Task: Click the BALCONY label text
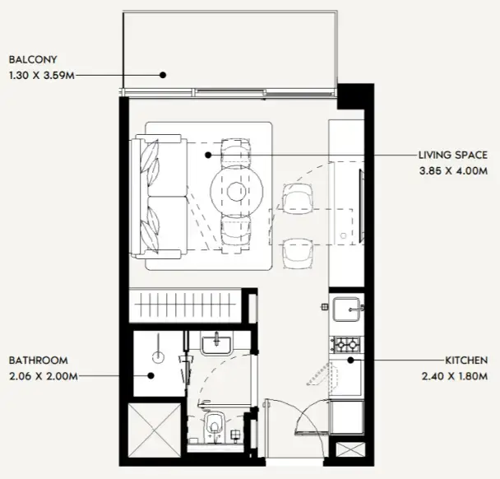click(33, 60)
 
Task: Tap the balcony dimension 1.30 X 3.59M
click(42, 76)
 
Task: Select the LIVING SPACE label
click(453, 155)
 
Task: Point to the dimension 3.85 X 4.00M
click(453, 170)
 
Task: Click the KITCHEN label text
click(466, 360)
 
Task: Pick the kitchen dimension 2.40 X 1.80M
click(455, 376)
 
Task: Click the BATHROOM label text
click(39, 360)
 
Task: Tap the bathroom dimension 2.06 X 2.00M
click(44, 376)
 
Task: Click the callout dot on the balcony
click(163, 75)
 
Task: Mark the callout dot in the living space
click(208, 155)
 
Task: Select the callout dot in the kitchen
click(350, 360)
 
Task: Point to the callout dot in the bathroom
click(151, 376)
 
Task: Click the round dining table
click(237, 191)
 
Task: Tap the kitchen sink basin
click(346, 309)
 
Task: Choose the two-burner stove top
click(347, 344)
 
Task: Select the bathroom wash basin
click(216, 346)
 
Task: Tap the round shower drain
click(158, 357)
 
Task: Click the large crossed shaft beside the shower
click(155, 430)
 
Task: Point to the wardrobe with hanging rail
click(185, 305)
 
